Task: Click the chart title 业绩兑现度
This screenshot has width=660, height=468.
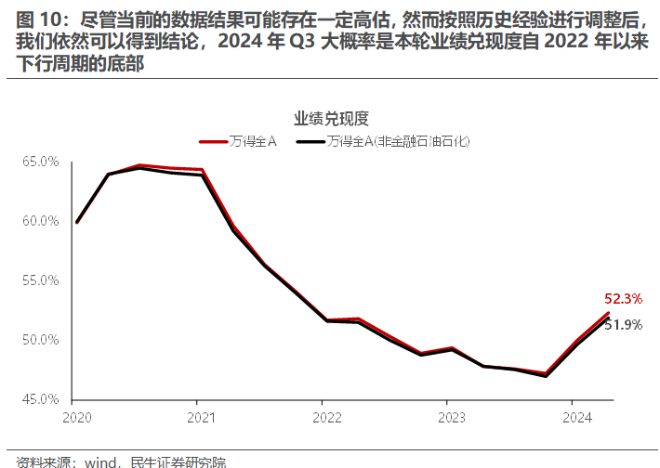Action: (x=332, y=118)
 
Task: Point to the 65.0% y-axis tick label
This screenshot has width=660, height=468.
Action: (x=40, y=162)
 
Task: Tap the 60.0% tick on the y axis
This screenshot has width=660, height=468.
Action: (x=40, y=221)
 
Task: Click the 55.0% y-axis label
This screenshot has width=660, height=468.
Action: (x=40, y=280)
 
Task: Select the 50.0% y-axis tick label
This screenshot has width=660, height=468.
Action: (x=40, y=340)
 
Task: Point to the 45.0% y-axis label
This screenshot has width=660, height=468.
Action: (x=40, y=399)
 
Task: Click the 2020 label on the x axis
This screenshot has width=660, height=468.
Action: (x=76, y=417)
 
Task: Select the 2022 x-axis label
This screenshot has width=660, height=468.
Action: (x=322, y=417)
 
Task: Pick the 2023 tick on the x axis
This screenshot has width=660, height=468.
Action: (x=446, y=417)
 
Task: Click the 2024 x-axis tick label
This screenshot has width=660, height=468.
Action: (x=570, y=417)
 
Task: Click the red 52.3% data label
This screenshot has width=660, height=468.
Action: (x=624, y=299)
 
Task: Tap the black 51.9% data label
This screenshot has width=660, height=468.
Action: (x=624, y=324)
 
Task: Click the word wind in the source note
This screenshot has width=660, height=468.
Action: (x=101, y=461)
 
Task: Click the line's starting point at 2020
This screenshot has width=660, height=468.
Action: (x=76, y=222)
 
